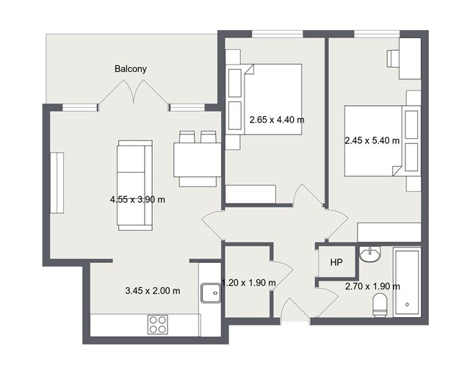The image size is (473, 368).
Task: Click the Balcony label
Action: point(131,69)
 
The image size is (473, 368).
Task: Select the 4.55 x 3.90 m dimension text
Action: point(137,199)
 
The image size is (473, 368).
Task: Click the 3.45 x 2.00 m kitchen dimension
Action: point(153,291)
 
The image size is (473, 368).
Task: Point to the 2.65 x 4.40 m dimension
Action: point(276,120)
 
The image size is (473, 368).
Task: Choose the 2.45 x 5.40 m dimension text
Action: point(372,140)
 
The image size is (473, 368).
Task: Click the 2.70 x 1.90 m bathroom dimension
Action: point(372,286)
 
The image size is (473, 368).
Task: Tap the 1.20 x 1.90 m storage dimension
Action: point(248,283)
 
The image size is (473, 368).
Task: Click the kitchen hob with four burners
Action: point(158,324)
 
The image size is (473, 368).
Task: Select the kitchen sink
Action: point(211,292)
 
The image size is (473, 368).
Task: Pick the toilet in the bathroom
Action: point(380,305)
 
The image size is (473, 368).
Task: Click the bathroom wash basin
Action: point(371,255)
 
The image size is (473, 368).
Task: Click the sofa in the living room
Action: point(134,187)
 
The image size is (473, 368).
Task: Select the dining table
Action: point(197,160)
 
